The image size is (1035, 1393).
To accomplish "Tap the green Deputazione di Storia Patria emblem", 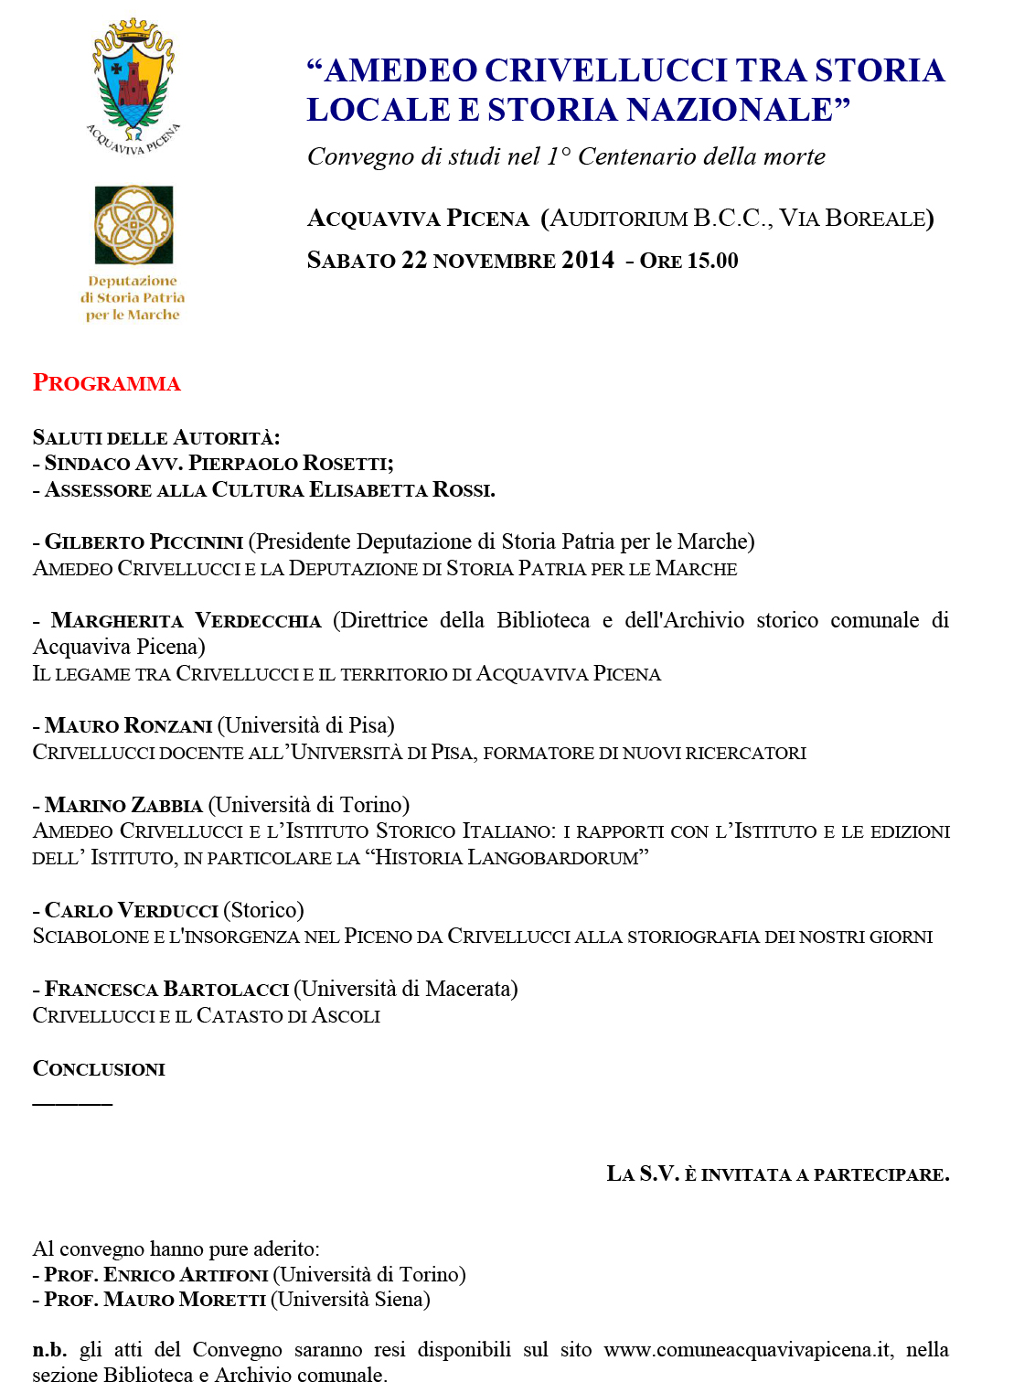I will click(133, 225).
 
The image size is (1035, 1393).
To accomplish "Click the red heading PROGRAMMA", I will click(107, 383).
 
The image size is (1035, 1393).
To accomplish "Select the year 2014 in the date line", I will click(588, 261).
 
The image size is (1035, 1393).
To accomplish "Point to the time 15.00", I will click(712, 261).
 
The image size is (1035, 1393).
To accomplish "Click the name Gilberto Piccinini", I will click(144, 542).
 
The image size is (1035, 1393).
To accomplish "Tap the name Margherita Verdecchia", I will click(186, 621).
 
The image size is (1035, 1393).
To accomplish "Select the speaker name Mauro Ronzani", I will click(128, 726).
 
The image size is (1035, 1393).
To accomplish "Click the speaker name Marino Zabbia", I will click(123, 806).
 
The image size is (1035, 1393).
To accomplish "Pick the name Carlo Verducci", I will click(131, 911).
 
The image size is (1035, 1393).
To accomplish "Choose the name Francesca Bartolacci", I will click(166, 990).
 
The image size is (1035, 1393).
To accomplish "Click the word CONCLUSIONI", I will click(99, 1069).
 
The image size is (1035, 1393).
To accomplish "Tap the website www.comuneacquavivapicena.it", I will click(747, 1350).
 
